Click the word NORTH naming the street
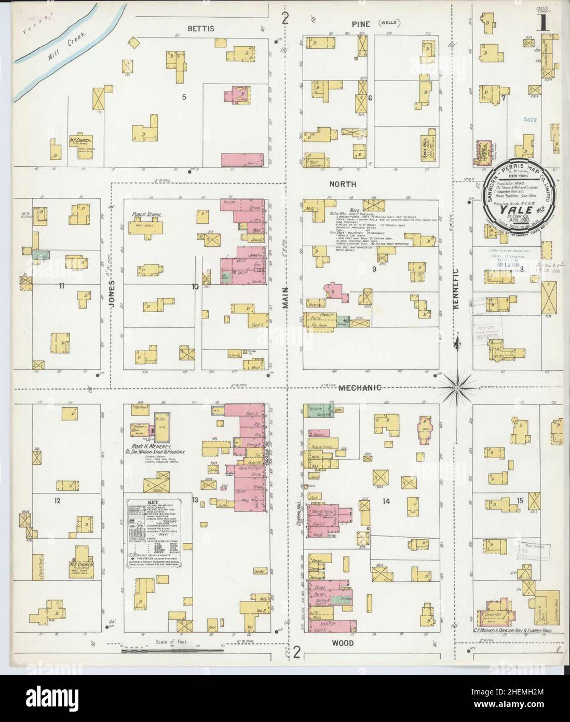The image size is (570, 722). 345,184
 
